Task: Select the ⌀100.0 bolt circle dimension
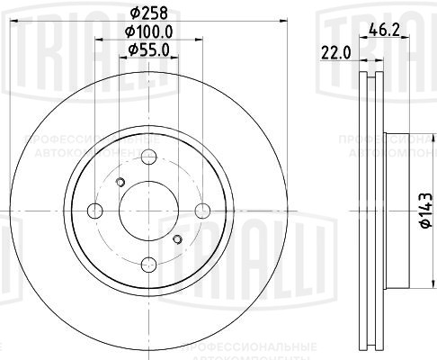[x=149, y=31]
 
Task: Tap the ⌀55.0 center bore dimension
[x=148, y=49]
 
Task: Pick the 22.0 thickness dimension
[x=335, y=53]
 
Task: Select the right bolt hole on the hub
[x=203, y=211]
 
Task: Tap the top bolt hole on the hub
[x=149, y=158]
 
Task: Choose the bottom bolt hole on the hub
[x=149, y=265]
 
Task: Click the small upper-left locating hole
[x=122, y=184]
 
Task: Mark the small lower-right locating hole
[x=177, y=239]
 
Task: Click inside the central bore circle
[x=149, y=211]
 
